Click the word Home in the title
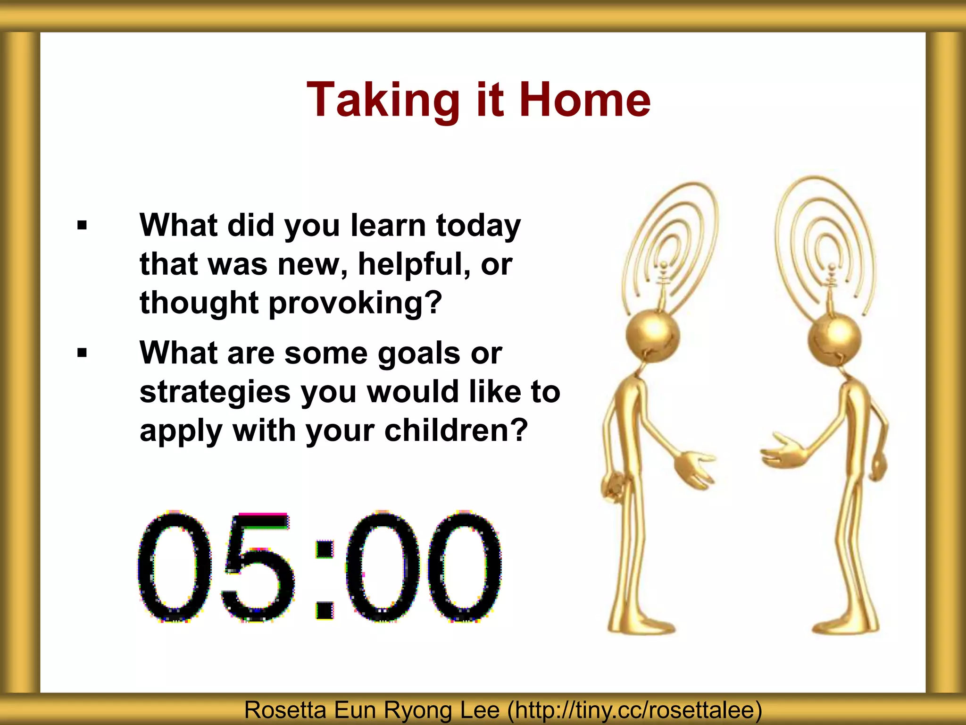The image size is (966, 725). pyautogui.click(x=584, y=100)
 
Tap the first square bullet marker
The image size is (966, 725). pyautogui.click(x=82, y=226)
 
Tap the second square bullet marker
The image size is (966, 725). pyautogui.click(x=82, y=353)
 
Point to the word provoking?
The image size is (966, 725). pyautogui.click(x=355, y=303)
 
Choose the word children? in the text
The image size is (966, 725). pyautogui.click(x=456, y=430)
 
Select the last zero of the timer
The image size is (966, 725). pyautogui.click(x=464, y=566)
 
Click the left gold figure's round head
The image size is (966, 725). pyautogui.click(x=653, y=335)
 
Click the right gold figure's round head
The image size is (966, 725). pyautogui.click(x=834, y=338)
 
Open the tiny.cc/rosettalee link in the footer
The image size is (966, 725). pyautogui.click(x=634, y=710)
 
